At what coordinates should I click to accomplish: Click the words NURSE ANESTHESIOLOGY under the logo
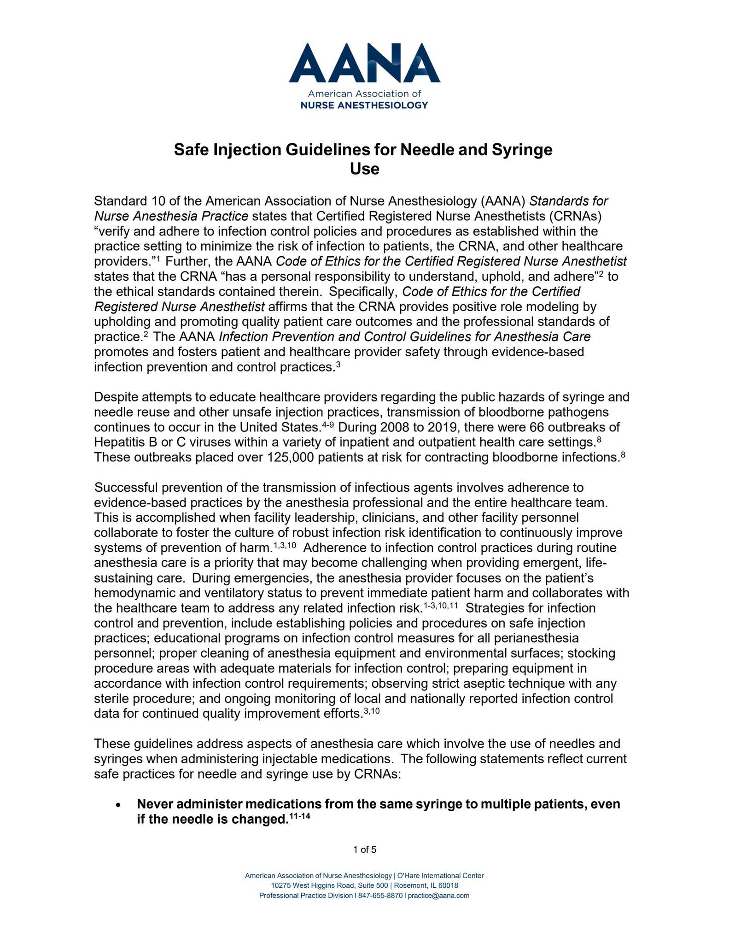364,105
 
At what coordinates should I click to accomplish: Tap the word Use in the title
364,169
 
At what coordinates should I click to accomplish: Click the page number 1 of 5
364,850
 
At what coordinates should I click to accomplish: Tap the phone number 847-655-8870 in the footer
380,896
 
